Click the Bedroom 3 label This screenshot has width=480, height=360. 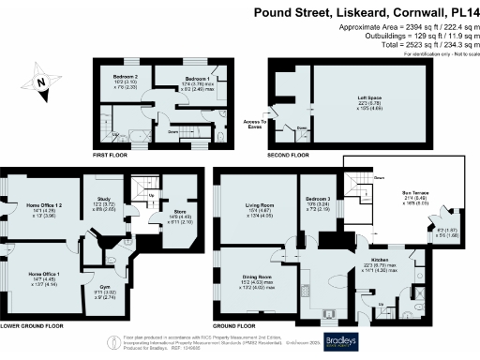pos(316,200)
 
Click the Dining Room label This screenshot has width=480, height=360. pos(258,277)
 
